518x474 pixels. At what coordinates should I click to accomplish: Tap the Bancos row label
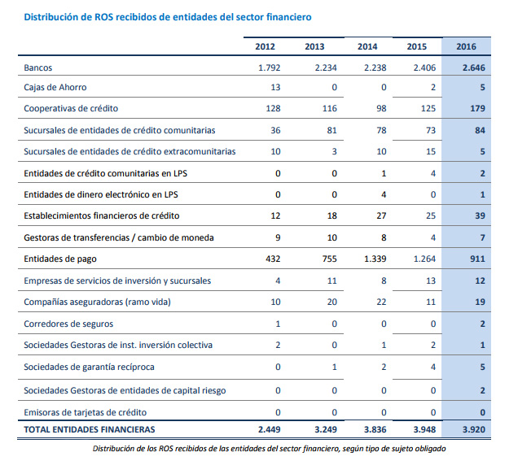coord(39,67)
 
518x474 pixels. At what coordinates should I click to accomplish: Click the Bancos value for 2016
coord(473,67)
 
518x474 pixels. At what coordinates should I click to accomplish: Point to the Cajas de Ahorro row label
coord(55,87)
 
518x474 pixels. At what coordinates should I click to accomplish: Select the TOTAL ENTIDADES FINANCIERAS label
coord(90,428)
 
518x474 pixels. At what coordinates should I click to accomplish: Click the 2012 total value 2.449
coord(268,428)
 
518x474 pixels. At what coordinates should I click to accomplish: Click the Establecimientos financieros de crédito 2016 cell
coord(480,215)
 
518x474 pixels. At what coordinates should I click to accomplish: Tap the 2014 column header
coord(367,46)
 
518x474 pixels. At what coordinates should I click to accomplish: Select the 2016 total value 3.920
coord(473,428)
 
